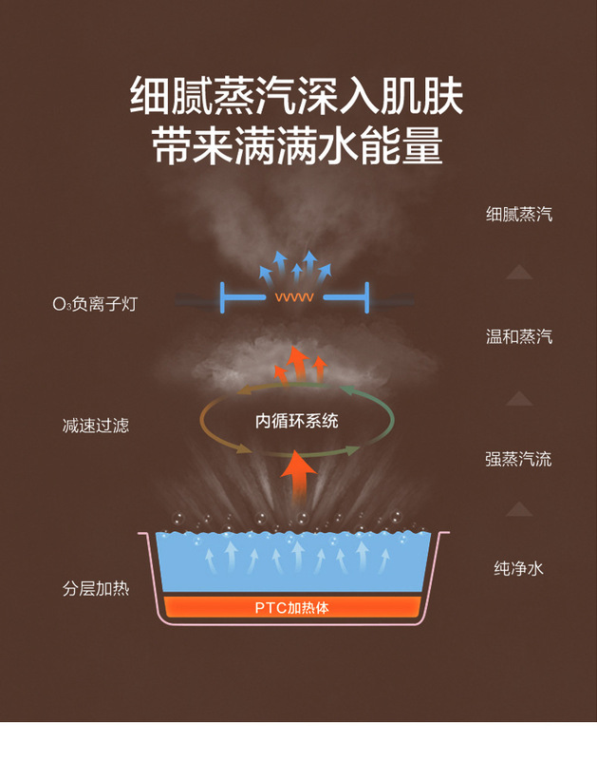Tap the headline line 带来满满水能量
tap(296, 148)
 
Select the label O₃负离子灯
tap(95, 305)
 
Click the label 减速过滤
tap(95, 425)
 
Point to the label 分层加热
tap(95, 589)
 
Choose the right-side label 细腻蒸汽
tap(518, 215)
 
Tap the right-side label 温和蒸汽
tap(518, 337)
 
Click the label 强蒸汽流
tap(518, 460)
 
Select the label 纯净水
tap(518, 569)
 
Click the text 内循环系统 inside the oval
tap(297, 421)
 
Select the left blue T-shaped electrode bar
tap(237, 297)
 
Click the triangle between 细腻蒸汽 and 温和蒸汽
tap(518, 273)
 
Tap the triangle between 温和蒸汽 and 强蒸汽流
tap(518, 398)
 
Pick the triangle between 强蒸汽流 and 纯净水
tap(518, 509)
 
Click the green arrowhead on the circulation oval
tap(349, 390)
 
